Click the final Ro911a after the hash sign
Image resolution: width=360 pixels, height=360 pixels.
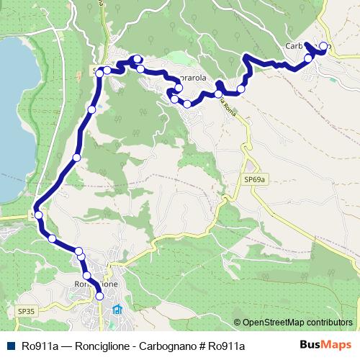point(225,346)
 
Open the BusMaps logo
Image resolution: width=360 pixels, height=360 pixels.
point(326,346)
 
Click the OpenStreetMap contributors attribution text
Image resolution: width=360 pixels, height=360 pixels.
point(297,323)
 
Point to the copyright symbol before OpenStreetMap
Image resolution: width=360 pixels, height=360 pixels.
point(237,323)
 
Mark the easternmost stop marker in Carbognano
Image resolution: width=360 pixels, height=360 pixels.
point(323,47)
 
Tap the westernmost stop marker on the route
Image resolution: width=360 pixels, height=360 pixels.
point(38,215)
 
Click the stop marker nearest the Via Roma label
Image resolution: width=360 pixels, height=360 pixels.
point(218,94)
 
